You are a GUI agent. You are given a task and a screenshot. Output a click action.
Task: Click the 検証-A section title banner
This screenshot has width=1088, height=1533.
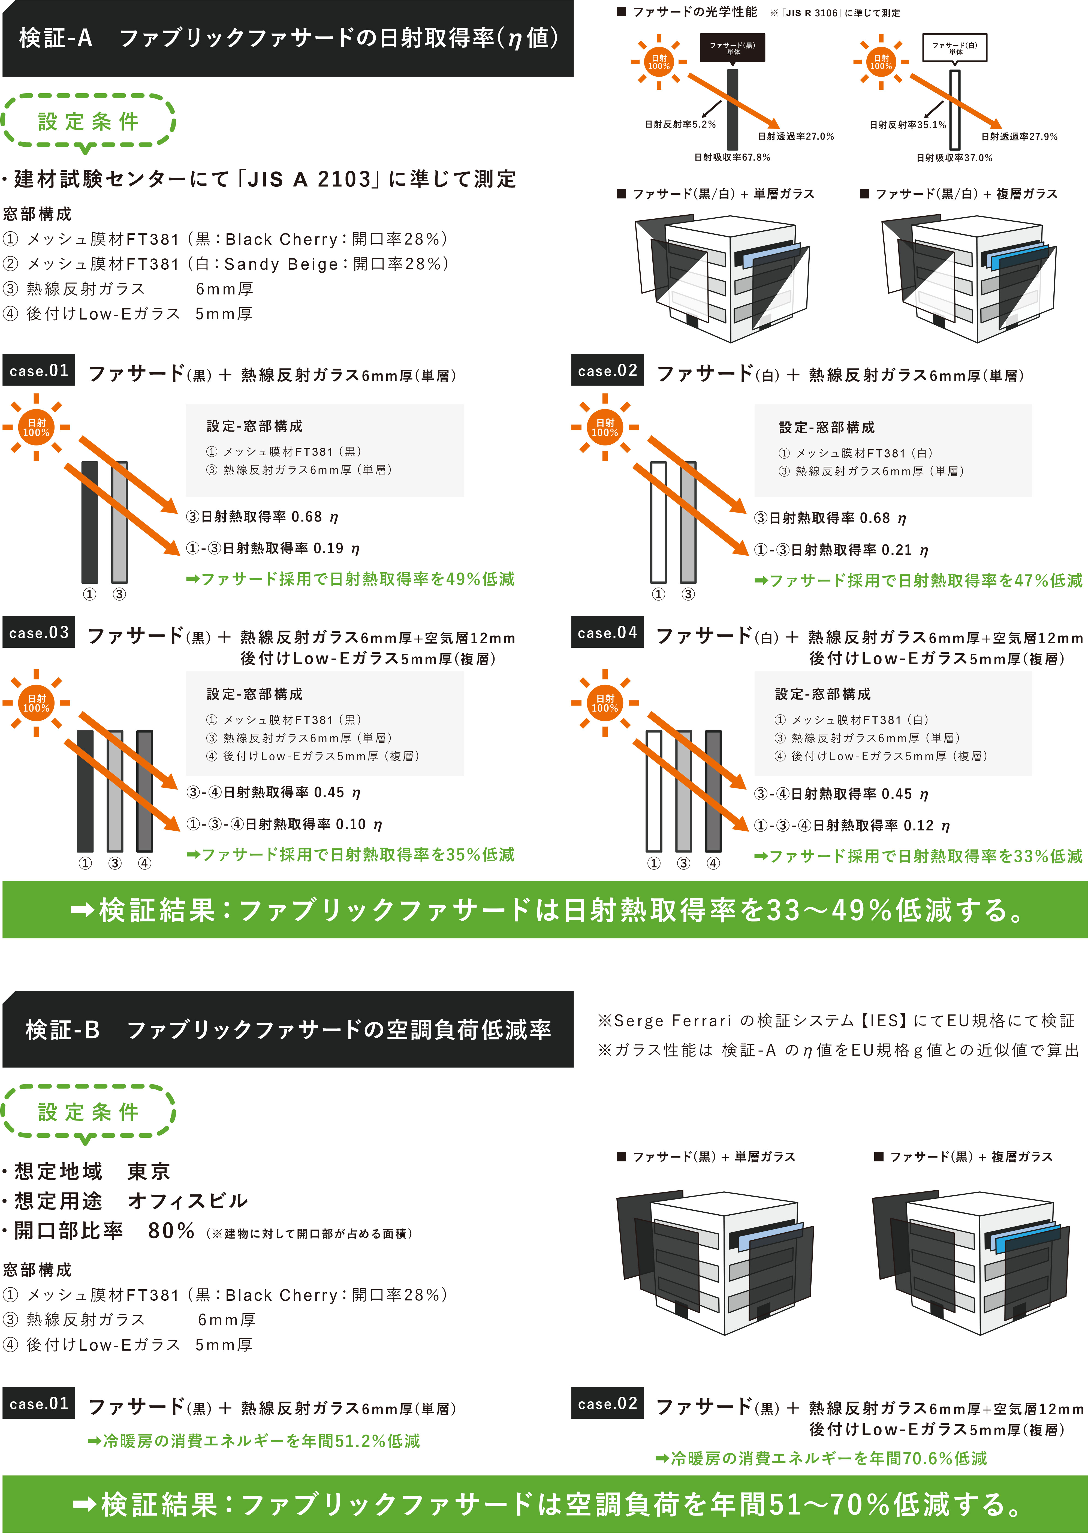click(x=288, y=38)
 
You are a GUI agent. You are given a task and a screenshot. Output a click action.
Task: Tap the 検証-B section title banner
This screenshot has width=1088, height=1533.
click(x=288, y=1029)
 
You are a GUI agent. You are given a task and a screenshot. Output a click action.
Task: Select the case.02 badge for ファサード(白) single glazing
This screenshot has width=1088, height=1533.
click(x=607, y=370)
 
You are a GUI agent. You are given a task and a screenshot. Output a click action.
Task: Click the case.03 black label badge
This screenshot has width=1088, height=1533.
click(x=39, y=633)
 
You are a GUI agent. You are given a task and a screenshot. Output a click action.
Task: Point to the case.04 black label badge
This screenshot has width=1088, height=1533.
click(x=607, y=633)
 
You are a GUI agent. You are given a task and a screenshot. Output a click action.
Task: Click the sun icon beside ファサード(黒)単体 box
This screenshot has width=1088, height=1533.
click(x=659, y=62)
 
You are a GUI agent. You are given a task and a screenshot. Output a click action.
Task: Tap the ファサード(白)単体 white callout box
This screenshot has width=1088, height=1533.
click(x=955, y=47)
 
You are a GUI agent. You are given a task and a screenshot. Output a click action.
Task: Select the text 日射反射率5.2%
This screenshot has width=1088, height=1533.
click(x=680, y=125)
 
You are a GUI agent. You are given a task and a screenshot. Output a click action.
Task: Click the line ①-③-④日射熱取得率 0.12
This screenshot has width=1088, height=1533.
click(x=852, y=826)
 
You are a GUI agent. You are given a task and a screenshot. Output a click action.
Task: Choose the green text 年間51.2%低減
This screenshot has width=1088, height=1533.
click(x=254, y=1441)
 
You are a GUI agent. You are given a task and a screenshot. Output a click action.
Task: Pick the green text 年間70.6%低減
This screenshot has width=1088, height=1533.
click(x=821, y=1458)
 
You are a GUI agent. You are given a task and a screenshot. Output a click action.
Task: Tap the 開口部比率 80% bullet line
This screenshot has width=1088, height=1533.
click(x=208, y=1231)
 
